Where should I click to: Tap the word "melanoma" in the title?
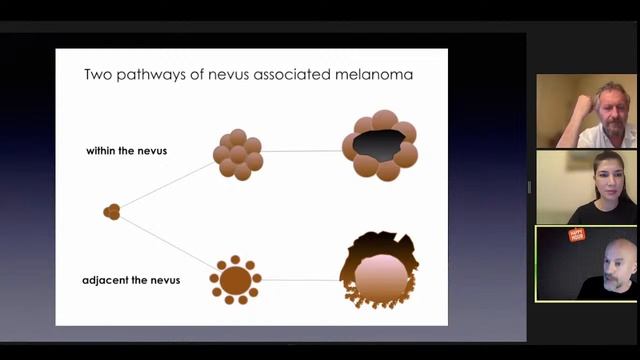click(375, 74)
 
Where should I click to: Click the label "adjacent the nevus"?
click(131, 280)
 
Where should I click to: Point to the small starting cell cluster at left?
click(112, 212)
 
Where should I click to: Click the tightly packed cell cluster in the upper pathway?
click(238, 154)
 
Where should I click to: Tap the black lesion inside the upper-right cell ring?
click(378, 146)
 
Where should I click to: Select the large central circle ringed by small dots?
click(236, 280)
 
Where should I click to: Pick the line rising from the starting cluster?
click(165, 185)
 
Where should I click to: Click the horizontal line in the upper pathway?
click(300, 152)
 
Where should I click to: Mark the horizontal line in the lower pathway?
click(300, 280)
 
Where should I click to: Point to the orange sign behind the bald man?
click(576, 235)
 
